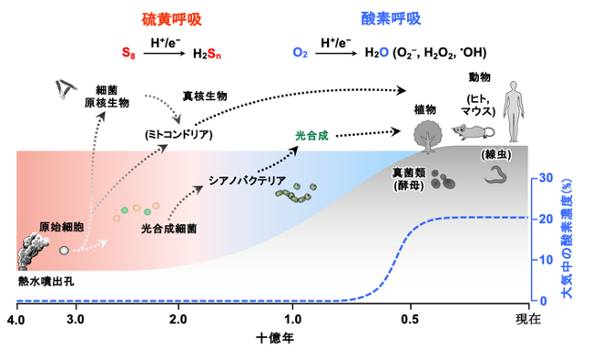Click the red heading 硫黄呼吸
click(172, 20)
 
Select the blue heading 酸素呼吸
click(391, 18)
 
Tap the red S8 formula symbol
click(128, 53)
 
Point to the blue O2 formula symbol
click(301, 53)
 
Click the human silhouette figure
click(514, 111)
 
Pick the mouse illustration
click(473, 131)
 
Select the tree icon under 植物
click(428, 137)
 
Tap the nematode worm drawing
click(495, 175)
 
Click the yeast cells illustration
click(443, 180)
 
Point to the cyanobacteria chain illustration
click(296, 192)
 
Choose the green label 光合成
click(311, 136)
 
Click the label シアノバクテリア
click(248, 180)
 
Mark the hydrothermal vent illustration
click(33, 252)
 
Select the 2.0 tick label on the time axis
click(179, 320)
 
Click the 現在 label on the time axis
click(528, 319)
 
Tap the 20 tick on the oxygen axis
click(546, 219)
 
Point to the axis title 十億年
click(275, 338)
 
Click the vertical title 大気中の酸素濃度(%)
click(567, 239)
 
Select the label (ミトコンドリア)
click(179, 135)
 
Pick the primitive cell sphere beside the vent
click(64, 250)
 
